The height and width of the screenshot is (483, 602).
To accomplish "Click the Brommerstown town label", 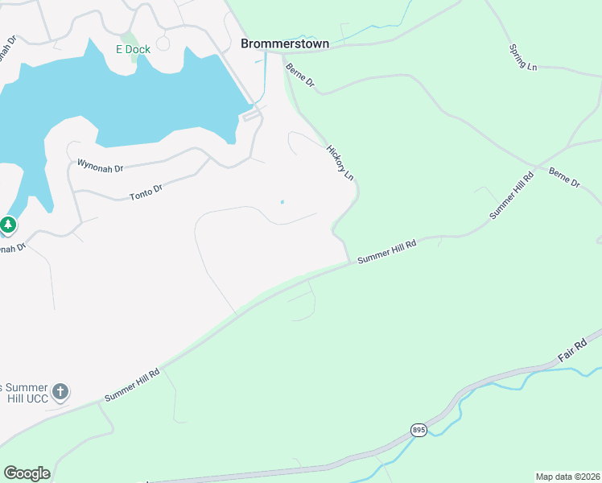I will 285,43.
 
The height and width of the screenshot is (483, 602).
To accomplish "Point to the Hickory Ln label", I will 340,162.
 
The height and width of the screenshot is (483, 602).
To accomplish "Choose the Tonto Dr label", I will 146,192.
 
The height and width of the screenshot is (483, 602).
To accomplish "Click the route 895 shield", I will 419,430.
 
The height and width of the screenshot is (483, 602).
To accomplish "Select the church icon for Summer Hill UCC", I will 60,393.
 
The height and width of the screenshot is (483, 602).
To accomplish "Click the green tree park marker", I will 8,225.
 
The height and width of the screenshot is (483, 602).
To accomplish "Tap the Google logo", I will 27,473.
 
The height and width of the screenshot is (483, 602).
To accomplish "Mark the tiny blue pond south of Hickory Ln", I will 282,201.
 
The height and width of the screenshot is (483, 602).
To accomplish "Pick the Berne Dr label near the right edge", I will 564,178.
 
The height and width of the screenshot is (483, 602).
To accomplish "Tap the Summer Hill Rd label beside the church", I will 133,386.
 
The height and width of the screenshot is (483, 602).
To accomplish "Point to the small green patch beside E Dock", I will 129,37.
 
